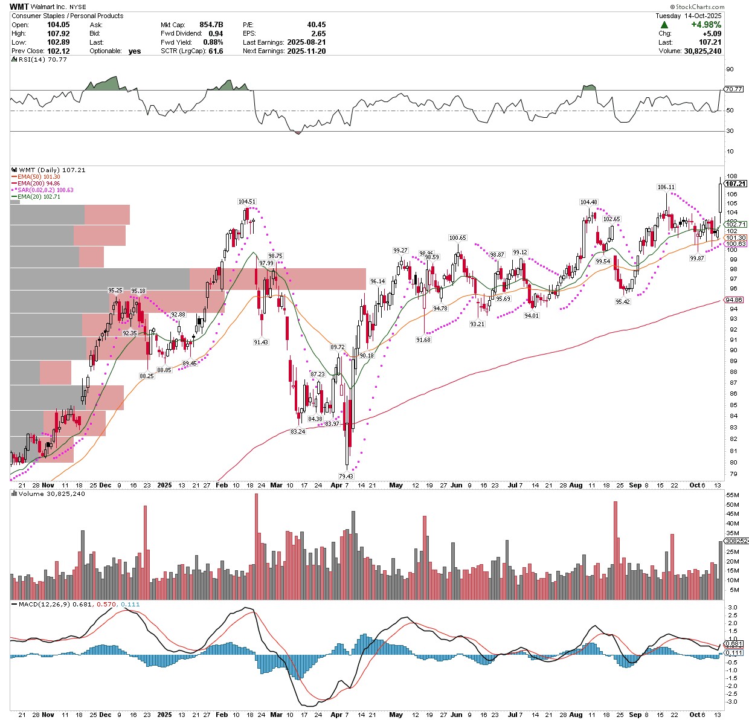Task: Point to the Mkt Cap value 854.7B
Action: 211,25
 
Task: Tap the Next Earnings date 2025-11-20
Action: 306,51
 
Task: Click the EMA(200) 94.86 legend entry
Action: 38,183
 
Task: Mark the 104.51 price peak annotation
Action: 246,202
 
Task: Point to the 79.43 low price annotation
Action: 346,477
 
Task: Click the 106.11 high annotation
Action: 666,187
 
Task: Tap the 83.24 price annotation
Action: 298,432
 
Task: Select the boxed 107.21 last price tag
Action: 736,184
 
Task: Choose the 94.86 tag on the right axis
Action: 734,300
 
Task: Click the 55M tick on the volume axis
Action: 733,495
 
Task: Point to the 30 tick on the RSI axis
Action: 730,131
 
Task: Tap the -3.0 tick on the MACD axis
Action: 731,702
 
